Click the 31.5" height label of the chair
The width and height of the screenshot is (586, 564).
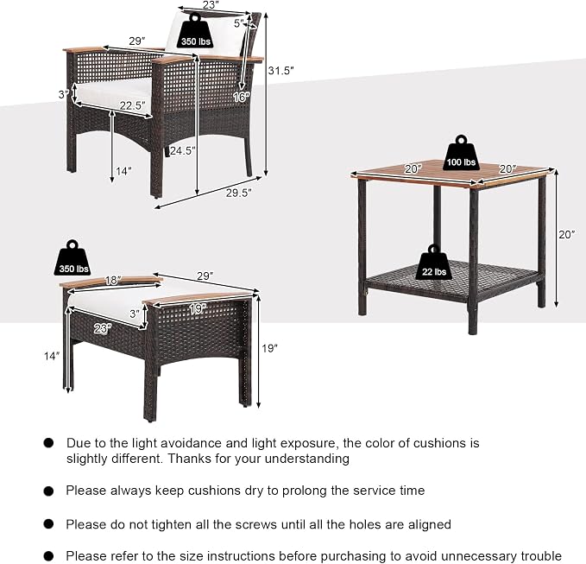[280, 70]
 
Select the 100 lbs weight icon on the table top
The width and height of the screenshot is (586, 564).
[461, 152]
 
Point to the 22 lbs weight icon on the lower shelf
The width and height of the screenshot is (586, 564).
[434, 263]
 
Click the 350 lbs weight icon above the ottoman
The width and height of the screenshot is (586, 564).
[73, 258]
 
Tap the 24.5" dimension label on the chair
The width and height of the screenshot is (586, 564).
[183, 151]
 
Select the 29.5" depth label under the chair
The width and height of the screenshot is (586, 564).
[239, 193]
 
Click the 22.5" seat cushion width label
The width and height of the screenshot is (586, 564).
[133, 106]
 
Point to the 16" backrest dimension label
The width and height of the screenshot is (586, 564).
[241, 97]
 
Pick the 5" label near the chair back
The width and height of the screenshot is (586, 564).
[239, 23]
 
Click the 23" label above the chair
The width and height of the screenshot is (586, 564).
[211, 5]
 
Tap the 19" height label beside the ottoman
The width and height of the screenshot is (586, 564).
[269, 348]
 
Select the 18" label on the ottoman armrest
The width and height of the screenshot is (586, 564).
[112, 280]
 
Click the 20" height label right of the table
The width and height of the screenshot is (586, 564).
[567, 235]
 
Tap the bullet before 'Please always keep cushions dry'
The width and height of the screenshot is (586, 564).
[48, 491]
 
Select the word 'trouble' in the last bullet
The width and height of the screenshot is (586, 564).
[541, 555]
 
